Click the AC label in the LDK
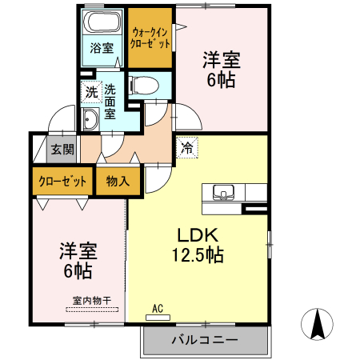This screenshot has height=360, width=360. coord(158,307)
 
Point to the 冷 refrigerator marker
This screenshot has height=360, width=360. coord(186,147)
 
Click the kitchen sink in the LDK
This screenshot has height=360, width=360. coord(222,192)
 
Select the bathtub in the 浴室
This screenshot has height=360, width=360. coord(102,22)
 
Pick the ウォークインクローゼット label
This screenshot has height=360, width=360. coord(150,38)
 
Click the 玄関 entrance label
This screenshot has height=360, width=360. coord(62,149)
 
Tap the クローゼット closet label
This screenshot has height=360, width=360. coord(62,181)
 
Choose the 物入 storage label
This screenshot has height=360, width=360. coord(118,181)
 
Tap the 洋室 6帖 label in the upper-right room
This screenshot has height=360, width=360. coord(222,70)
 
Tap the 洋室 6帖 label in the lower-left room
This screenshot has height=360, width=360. coord(78,261)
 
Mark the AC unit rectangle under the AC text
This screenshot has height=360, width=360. coord(158,317)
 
